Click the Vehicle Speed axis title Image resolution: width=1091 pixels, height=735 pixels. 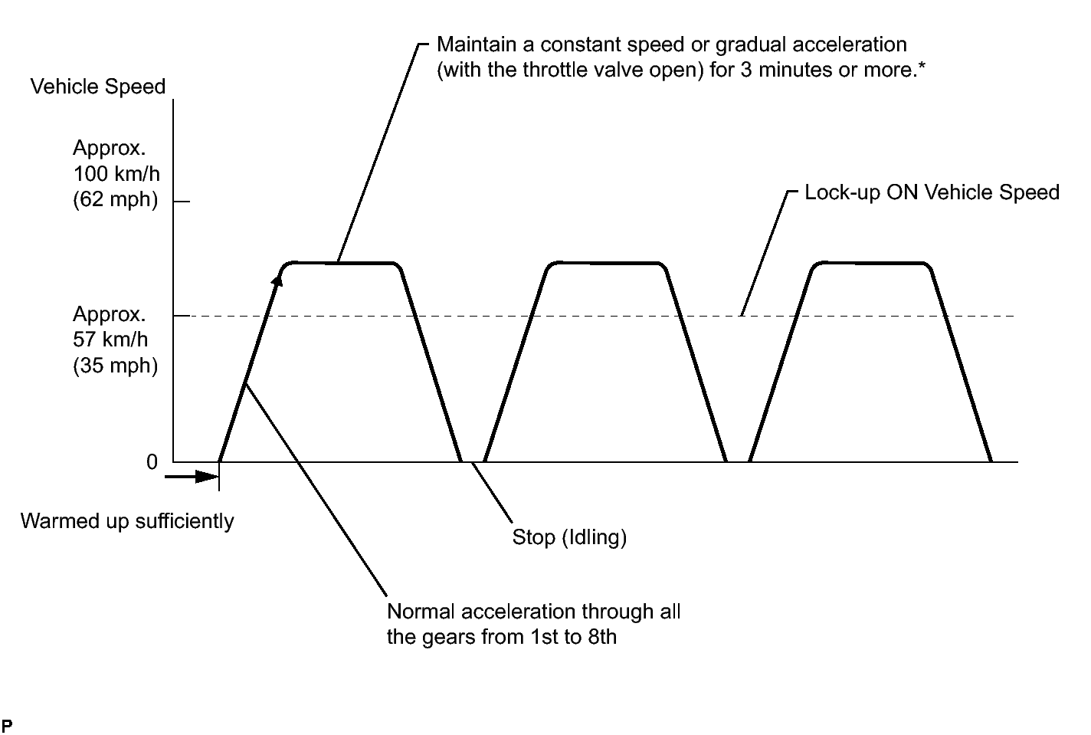(97, 87)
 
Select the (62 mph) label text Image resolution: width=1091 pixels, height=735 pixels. (116, 200)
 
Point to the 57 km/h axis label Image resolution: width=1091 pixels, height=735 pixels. (110, 340)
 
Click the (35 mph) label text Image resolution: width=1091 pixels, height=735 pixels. (116, 366)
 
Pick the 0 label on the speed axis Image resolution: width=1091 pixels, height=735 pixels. (152, 462)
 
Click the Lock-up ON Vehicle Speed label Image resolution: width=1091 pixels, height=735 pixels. (932, 192)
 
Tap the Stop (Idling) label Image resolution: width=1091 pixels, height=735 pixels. (569, 537)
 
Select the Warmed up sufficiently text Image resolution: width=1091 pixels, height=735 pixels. (127, 521)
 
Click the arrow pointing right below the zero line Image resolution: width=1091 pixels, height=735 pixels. (192, 477)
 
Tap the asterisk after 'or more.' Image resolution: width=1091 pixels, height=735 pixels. (922, 67)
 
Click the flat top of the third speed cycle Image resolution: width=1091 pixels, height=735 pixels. (872, 264)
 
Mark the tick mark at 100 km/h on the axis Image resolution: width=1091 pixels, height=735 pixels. (181, 202)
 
